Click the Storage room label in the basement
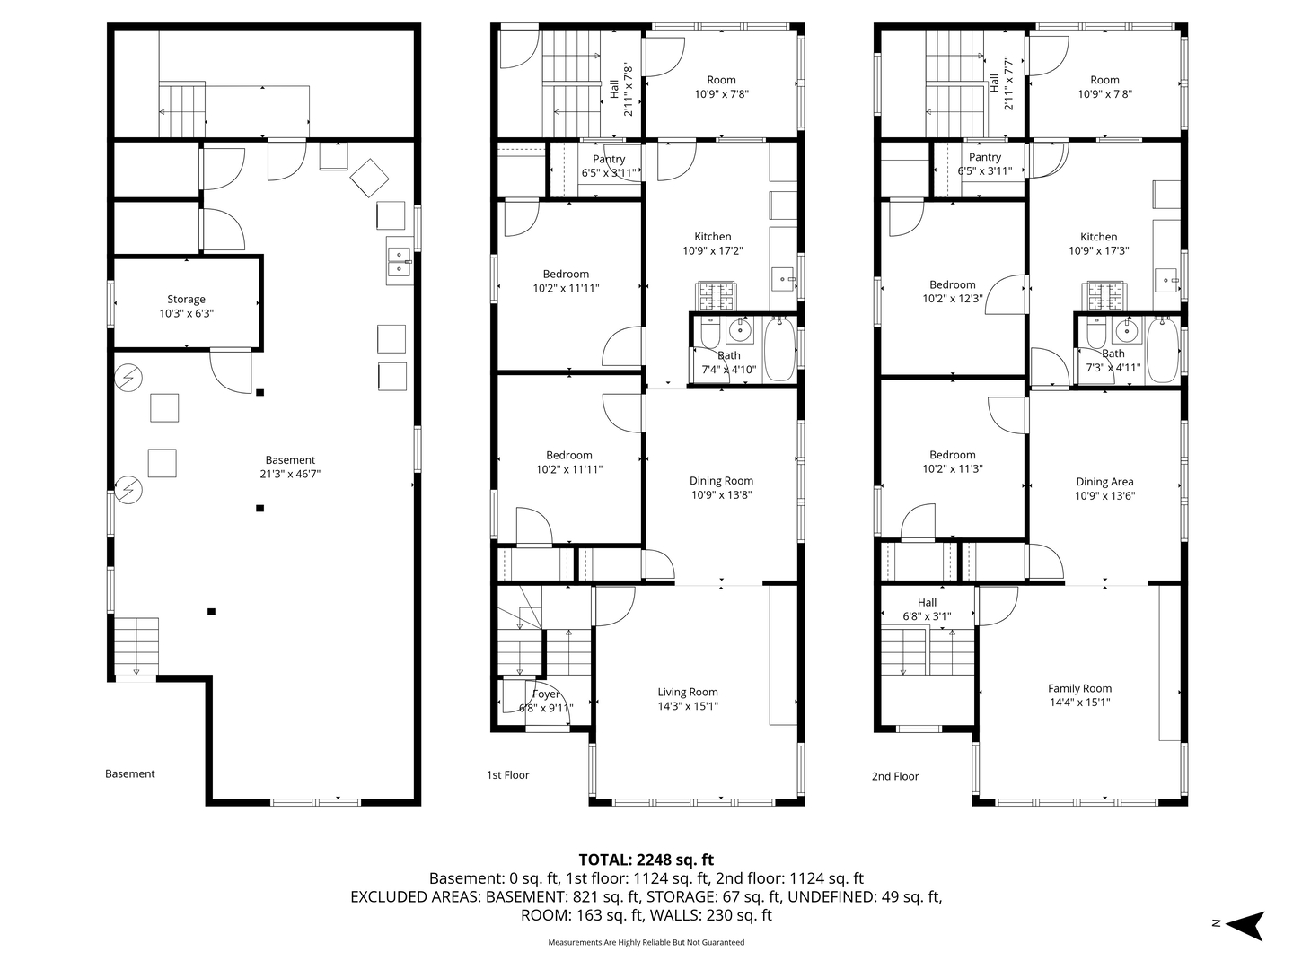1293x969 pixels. click(186, 299)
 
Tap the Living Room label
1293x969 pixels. click(688, 692)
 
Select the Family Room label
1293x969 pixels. click(1080, 688)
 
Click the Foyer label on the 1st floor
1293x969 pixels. click(545, 694)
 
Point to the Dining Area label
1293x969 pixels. click(1104, 481)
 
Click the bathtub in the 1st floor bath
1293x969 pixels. click(780, 349)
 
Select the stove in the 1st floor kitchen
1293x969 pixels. click(717, 296)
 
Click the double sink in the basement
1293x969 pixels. click(400, 261)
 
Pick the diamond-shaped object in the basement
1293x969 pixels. click(369, 178)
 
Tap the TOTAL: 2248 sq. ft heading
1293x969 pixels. click(646, 860)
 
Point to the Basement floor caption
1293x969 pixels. click(129, 773)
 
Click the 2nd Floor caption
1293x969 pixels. click(895, 776)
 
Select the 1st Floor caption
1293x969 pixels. click(508, 775)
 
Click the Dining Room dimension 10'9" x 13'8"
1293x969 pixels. click(721, 494)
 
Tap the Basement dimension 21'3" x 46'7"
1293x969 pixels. click(290, 474)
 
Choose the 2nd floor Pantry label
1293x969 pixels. click(985, 157)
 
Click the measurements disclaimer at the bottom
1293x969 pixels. click(646, 942)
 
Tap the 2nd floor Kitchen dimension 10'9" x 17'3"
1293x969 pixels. click(1099, 250)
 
